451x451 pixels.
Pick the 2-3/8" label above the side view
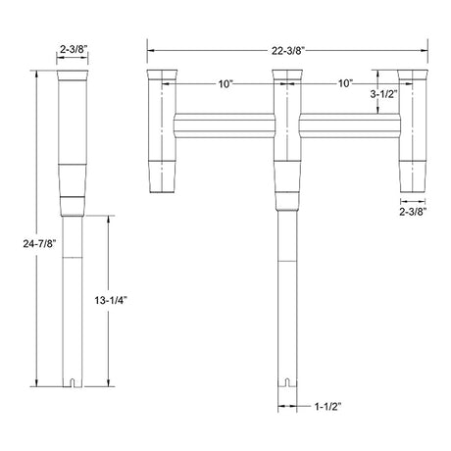[75, 47]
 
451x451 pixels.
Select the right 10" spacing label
[345, 84]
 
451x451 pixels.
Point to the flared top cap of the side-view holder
[75, 76]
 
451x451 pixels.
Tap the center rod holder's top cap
[287, 76]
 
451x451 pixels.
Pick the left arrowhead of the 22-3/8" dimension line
[149, 44]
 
